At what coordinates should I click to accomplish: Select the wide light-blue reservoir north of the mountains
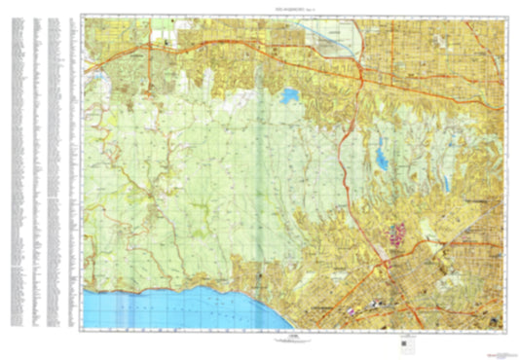tap(289, 96)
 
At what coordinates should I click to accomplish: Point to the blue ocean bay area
tap(156, 308)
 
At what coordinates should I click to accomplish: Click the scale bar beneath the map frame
tap(295, 339)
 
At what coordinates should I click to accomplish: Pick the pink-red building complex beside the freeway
tap(397, 234)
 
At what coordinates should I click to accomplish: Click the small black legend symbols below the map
tap(403, 342)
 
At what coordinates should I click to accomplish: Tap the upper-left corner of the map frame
tap(85, 16)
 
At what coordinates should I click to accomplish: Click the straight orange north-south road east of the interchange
tap(389, 58)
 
